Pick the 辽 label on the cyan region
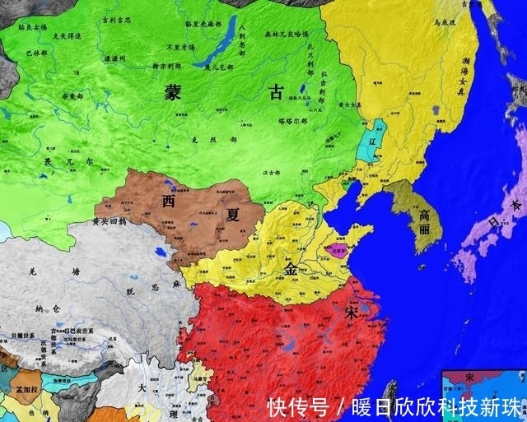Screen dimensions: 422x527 tap(372, 141)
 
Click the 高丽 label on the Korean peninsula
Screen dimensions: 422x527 tap(424, 216)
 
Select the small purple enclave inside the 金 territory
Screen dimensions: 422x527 tap(338, 248)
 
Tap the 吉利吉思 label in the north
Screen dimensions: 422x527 tap(118, 18)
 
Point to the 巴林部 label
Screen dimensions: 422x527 tap(36, 53)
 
